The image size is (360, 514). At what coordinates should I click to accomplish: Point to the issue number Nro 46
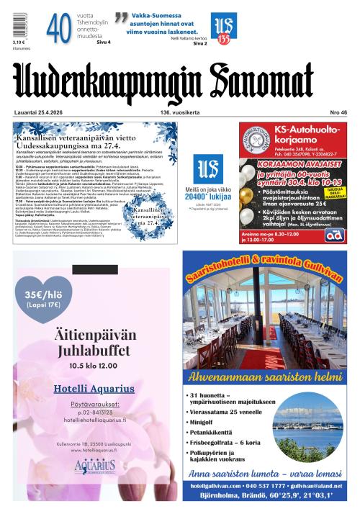338,112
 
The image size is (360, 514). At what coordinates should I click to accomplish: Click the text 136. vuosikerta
179,112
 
